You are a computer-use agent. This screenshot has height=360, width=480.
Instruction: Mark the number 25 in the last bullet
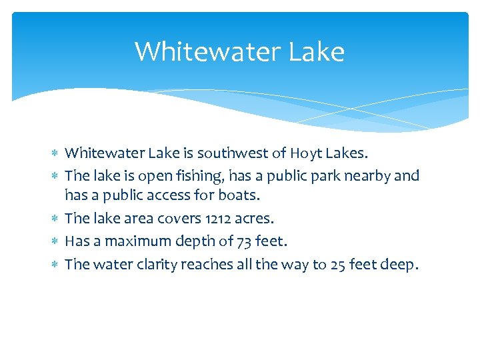click(337, 265)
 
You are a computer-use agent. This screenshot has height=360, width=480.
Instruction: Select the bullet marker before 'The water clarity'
click(55, 265)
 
